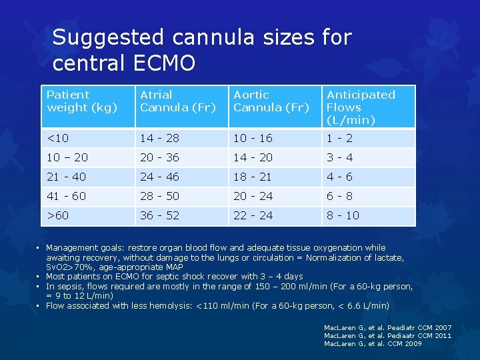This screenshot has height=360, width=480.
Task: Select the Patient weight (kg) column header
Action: click(82, 101)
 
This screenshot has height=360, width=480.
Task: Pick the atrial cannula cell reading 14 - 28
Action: click(159, 138)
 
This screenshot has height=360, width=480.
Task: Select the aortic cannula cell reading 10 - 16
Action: click(253, 138)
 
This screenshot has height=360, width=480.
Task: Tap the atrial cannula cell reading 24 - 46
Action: click(159, 177)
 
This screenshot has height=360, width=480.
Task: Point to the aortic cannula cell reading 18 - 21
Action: click(253, 177)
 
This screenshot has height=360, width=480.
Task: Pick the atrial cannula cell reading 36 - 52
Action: click(159, 216)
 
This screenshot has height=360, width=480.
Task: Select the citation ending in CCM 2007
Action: click(387, 328)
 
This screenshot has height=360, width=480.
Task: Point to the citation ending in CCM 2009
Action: click(373, 344)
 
